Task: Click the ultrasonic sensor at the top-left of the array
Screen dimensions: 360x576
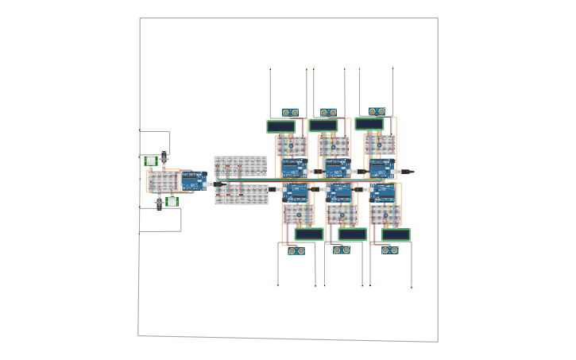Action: [x=290, y=113]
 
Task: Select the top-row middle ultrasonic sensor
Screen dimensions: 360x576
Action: [x=328, y=113]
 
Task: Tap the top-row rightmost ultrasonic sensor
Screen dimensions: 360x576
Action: [x=377, y=112]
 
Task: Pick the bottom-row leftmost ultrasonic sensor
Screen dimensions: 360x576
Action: [x=296, y=251]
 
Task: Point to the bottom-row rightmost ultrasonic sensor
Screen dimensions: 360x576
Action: [x=389, y=250]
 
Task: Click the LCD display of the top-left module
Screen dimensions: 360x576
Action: [x=280, y=126]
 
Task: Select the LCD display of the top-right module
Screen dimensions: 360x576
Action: [x=369, y=124]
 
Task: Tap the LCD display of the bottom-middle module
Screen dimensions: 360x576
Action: [x=352, y=234]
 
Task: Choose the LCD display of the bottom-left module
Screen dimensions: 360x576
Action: [x=309, y=234]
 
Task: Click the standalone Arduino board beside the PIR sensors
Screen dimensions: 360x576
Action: [x=194, y=181]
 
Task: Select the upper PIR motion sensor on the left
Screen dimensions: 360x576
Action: [x=151, y=161]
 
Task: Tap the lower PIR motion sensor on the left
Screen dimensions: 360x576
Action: [x=172, y=202]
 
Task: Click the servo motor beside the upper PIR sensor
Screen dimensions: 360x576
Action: [x=164, y=159]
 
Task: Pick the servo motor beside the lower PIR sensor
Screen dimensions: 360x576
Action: [x=159, y=203]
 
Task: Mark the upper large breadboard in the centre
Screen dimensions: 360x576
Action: [x=241, y=165]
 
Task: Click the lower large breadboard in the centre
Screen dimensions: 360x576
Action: [x=242, y=195]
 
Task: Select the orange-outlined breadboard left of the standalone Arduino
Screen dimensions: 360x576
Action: [x=163, y=182]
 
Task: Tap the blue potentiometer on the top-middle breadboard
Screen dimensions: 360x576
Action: [x=334, y=146]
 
